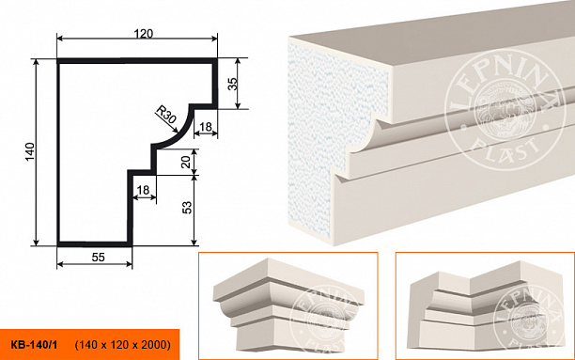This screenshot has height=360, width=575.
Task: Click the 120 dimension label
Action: [x=143, y=34]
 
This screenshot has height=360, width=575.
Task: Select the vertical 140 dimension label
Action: [x=30, y=151]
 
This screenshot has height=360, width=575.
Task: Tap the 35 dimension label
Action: [x=233, y=84]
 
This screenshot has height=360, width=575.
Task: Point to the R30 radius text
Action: [x=165, y=115]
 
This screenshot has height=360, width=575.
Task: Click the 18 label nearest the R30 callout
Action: [x=206, y=127]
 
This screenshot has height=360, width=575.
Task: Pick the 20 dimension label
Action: [x=186, y=162]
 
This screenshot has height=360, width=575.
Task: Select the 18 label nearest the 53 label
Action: [x=143, y=190]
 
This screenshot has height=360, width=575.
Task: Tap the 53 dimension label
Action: [x=187, y=208]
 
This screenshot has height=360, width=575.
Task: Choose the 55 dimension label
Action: [x=99, y=258]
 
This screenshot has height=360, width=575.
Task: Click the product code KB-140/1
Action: [x=34, y=345]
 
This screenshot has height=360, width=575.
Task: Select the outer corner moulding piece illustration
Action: [x=288, y=305]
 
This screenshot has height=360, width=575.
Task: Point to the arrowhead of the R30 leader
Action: [x=177, y=130]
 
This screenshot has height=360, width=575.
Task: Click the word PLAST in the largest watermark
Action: [x=505, y=148]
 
